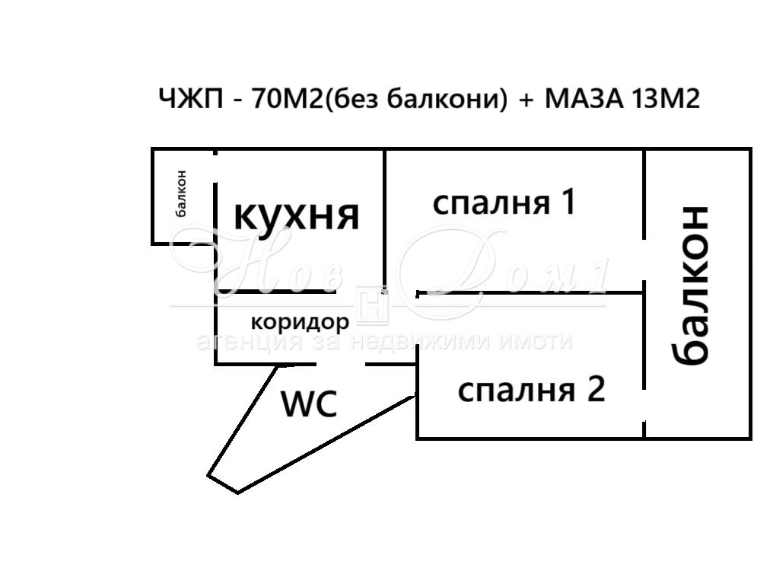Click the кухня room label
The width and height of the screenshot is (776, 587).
click(296, 215)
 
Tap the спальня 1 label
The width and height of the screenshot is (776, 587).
click(504, 203)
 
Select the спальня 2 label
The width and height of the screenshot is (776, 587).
click(531, 390)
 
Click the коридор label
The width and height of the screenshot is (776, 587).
click(300, 322)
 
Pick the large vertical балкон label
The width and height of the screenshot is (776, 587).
click(692, 285)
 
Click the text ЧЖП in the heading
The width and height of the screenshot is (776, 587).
click(191, 99)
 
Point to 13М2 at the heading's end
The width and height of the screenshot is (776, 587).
click(666, 99)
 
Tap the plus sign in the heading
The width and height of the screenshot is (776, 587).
click(526, 100)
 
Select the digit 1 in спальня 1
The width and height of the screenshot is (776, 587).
click(568, 203)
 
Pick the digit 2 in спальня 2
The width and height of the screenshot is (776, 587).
click(595, 390)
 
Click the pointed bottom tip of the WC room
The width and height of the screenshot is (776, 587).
click(237, 492)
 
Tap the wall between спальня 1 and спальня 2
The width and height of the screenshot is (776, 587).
click(533, 292)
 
